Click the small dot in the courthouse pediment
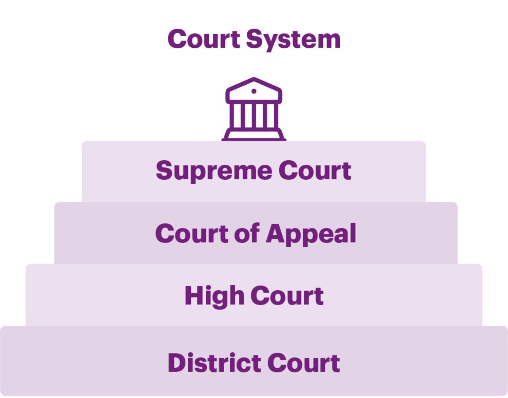(x=253, y=91)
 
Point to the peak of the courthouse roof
(x=253, y=79)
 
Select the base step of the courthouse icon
(x=253, y=137)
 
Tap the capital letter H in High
(x=193, y=296)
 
